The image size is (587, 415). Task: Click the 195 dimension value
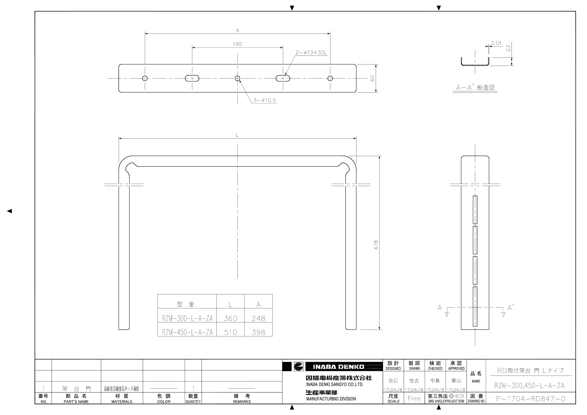[237, 44]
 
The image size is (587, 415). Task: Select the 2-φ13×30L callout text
[311, 53]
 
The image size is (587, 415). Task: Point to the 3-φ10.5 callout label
[265, 100]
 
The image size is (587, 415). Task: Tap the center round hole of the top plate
[237, 78]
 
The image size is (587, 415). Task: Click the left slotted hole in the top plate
[192, 78]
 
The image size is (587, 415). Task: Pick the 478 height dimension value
[376, 245]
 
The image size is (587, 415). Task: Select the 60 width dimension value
[373, 78]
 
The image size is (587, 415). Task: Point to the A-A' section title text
[475, 88]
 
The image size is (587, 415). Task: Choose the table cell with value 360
[230, 318]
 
